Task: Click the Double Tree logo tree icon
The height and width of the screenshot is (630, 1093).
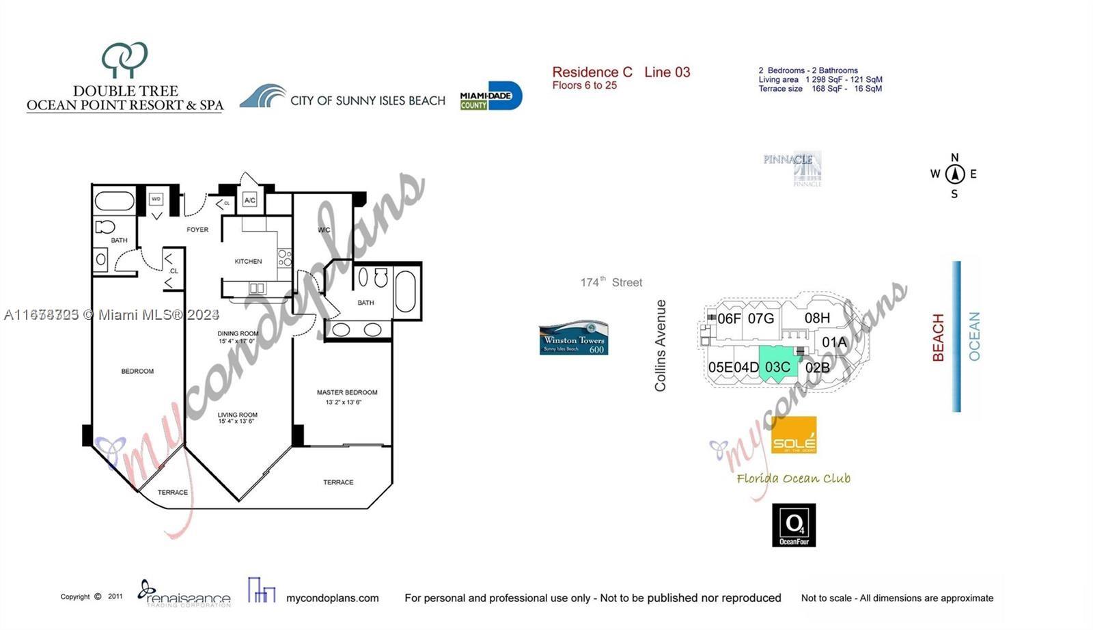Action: coord(124,59)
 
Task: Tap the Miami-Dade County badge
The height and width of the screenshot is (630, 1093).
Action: coord(490,96)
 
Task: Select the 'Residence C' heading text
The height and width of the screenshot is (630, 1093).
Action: coord(592,72)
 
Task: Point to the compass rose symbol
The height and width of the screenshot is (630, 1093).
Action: coord(954,174)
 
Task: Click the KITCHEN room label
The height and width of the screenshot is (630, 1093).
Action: coord(248,261)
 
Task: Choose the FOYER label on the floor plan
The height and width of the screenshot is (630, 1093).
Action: coord(197,230)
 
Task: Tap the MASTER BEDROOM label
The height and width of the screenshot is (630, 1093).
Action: coord(347,392)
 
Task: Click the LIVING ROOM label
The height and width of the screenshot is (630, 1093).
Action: coord(238,415)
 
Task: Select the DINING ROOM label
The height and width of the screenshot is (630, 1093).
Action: coord(238,333)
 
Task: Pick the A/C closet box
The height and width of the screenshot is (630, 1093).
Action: coord(250,200)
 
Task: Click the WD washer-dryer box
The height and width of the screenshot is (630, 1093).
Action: coord(156,200)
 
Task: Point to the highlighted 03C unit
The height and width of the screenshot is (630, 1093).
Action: coord(777,367)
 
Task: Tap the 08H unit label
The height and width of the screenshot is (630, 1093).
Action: coord(817,318)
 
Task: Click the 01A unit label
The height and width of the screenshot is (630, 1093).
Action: coord(834,342)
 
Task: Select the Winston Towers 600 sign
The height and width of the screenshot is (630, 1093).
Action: coord(574,339)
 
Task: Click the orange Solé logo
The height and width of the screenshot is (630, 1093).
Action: coord(794,435)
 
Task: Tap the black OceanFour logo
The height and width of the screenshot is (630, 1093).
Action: coord(794,525)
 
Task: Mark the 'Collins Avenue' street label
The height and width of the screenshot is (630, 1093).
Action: coord(660,346)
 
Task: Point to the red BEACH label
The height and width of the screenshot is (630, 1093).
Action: coord(939,338)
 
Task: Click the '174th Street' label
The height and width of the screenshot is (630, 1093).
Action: coord(611,282)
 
